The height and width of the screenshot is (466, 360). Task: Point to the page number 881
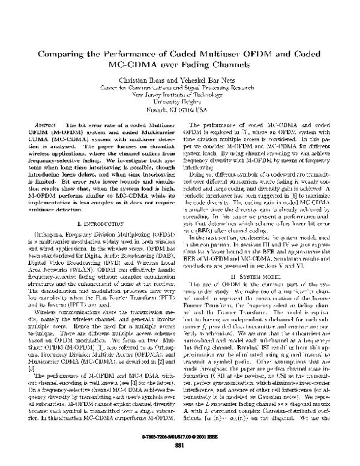tap(179, 451)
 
